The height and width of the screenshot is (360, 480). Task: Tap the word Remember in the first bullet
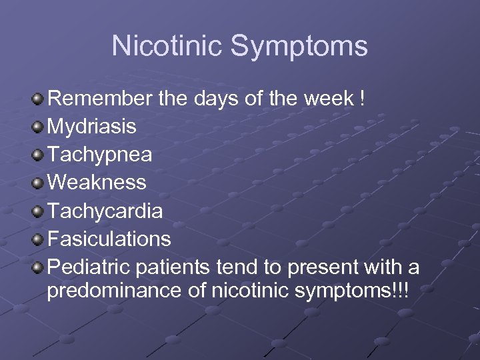[x=101, y=99]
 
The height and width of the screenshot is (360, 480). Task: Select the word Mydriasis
[x=93, y=127]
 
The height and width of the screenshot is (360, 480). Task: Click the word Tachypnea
[x=101, y=155]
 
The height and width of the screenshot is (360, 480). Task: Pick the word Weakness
[x=97, y=182]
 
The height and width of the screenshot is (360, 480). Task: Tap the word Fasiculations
[x=110, y=238]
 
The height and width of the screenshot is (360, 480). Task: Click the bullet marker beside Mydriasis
[x=38, y=127]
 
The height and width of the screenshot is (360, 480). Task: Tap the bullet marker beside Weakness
[x=38, y=182]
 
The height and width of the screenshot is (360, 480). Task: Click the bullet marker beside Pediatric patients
[x=38, y=267]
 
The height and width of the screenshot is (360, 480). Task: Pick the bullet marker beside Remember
[x=38, y=99]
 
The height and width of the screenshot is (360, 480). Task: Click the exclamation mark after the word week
[x=362, y=99]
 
